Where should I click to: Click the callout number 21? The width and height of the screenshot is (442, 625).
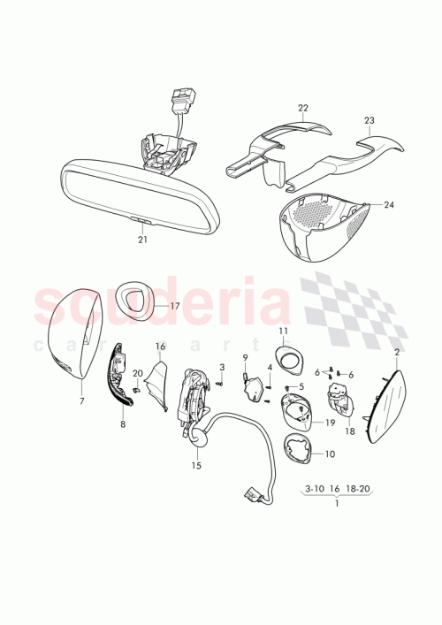tap(143, 240)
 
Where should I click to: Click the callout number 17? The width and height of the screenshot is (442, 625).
tap(174, 306)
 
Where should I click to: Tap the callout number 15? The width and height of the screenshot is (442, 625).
tap(196, 465)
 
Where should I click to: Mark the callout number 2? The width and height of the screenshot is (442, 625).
tap(396, 352)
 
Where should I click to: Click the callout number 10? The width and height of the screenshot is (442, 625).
tap(331, 454)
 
